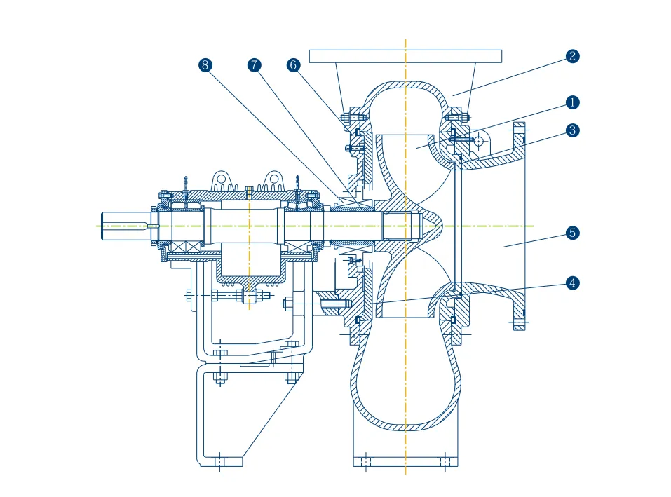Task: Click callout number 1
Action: click(573, 102)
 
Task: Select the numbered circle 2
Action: click(573, 57)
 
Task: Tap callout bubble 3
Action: click(573, 130)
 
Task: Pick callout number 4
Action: click(573, 283)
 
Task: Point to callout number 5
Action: click(573, 233)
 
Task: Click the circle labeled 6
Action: click(294, 65)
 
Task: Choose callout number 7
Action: click(254, 65)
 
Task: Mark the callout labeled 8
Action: click(205, 65)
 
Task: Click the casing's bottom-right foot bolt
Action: click(444, 461)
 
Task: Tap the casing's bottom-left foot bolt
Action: click(365, 461)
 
